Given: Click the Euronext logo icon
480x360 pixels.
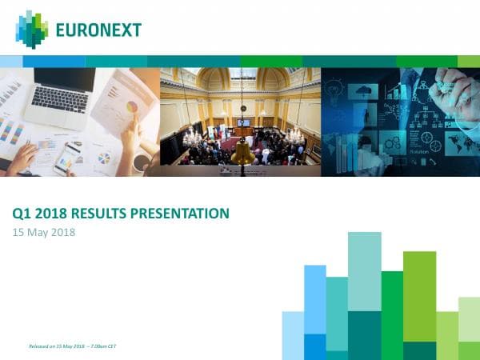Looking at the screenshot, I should [32, 30].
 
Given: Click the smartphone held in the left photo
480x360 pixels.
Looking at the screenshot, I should [67, 158].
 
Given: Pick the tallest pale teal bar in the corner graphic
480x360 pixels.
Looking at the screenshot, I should [364, 272].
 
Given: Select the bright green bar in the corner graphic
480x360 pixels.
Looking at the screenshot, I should [392, 312].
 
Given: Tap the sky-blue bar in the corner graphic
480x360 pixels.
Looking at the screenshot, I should [315, 300].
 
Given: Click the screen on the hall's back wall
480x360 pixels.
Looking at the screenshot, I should [243, 123].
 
